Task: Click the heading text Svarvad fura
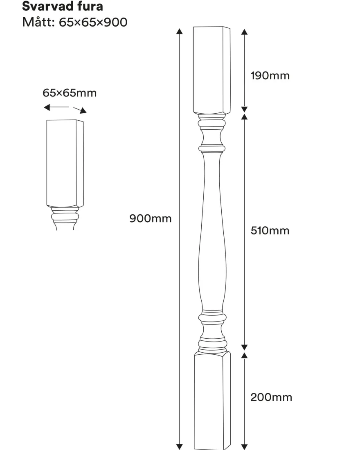point(62,6)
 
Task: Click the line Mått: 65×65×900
point(74,22)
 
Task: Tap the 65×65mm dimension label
point(70,93)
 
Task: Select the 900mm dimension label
point(151,218)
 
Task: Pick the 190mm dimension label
point(270,76)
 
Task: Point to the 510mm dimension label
point(270,230)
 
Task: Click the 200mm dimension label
point(271,397)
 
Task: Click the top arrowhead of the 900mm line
point(180,31)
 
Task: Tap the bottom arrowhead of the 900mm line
point(180,447)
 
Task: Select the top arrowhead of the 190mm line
point(244,32)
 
